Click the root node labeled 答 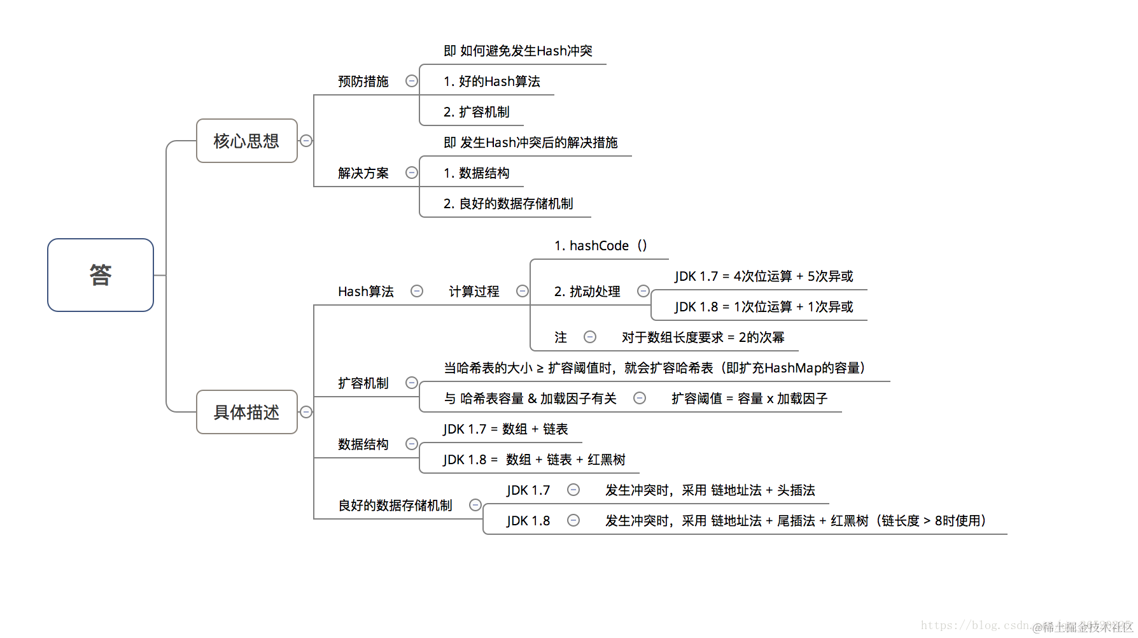[101, 275]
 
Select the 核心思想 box [246, 141]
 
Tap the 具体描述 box [246, 412]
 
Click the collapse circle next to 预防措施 [412, 81]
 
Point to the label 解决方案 [363, 173]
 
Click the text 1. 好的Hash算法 [491, 82]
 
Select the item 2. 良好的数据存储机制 [508, 204]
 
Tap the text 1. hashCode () [600, 246]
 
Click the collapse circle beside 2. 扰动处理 [643, 291]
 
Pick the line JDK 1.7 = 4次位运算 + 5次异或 [764, 276]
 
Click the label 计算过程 [474, 292]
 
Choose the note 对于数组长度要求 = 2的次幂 [703, 337]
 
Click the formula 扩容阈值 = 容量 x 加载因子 [749, 399]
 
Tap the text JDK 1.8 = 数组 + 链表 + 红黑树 [534, 460]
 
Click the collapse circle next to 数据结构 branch [412, 444]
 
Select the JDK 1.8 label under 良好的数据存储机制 [528, 521]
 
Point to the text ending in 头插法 [710, 490]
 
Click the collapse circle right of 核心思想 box [306, 141]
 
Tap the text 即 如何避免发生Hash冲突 [517, 51]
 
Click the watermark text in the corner [1082, 627]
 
